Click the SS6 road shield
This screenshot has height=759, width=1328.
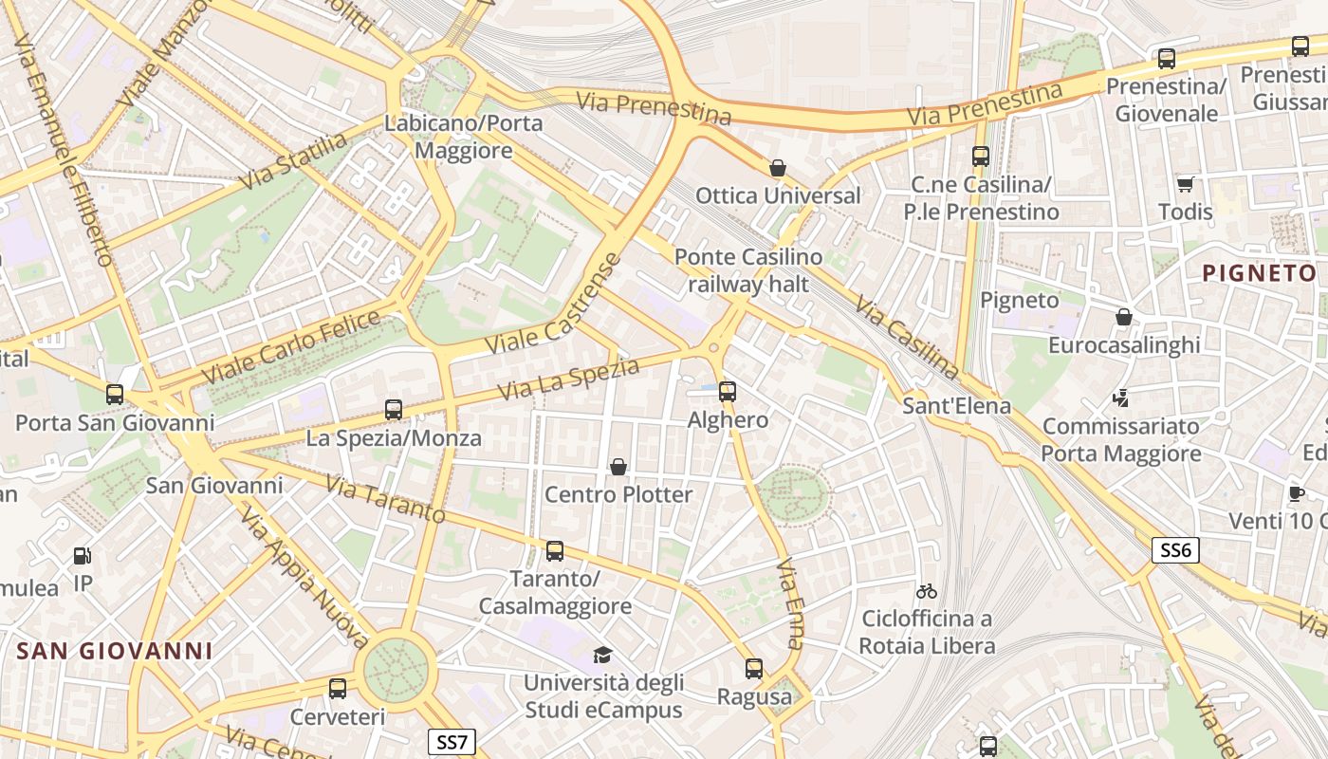(1176, 550)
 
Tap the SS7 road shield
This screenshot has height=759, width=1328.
(451, 741)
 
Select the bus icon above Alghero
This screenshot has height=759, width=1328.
(728, 391)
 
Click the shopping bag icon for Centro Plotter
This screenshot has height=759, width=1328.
(618, 467)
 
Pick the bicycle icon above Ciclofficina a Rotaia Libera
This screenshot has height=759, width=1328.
(927, 591)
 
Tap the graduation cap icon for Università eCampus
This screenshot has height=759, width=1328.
(602, 655)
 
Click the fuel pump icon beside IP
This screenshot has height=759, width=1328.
(83, 556)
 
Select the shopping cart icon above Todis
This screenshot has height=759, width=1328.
(1185, 184)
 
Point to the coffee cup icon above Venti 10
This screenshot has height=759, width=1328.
(1296, 493)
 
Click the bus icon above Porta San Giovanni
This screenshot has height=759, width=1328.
(115, 394)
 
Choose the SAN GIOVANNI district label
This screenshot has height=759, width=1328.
(115, 651)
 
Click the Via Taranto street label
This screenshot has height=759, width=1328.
(385, 499)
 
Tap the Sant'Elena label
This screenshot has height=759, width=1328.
(956, 406)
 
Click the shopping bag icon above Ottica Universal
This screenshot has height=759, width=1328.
(778, 169)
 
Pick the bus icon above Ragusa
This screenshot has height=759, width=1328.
(754, 669)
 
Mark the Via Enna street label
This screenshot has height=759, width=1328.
(790, 603)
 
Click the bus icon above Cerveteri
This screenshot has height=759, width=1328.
(338, 689)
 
